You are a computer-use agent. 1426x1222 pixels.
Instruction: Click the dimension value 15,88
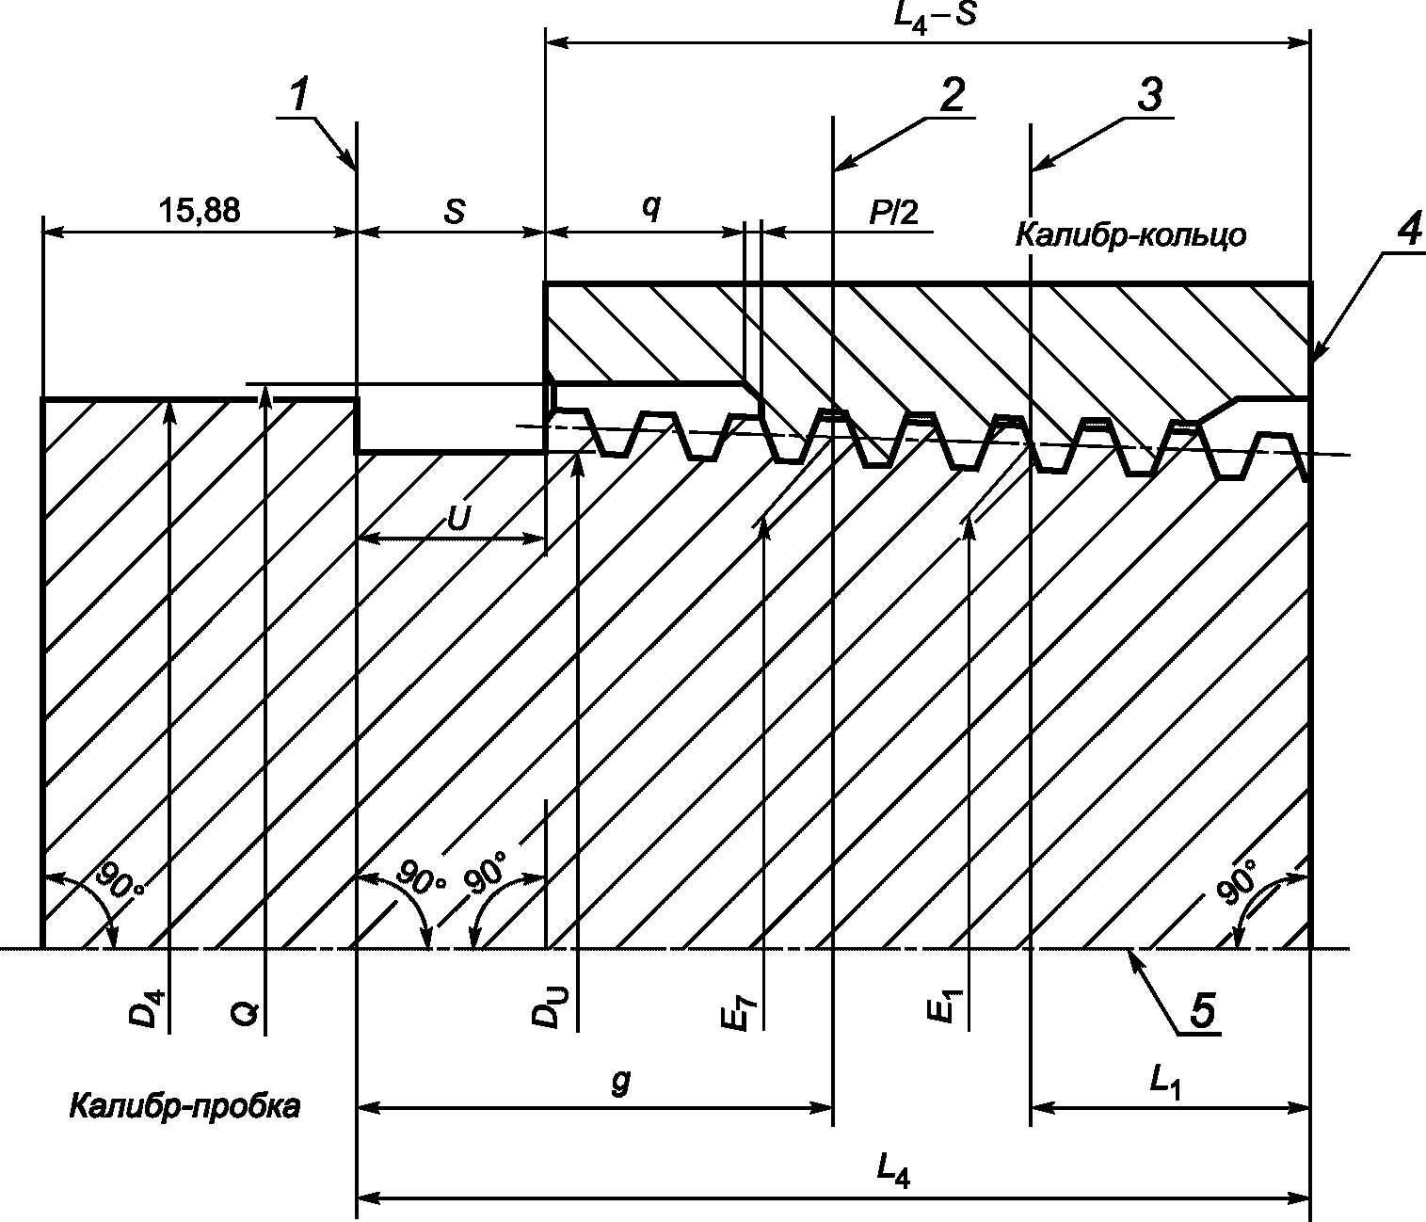(x=199, y=210)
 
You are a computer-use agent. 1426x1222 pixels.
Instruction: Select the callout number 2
(x=953, y=95)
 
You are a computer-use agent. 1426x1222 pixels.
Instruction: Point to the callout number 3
(x=1149, y=95)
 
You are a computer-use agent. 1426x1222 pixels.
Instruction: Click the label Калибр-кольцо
(x=1130, y=234)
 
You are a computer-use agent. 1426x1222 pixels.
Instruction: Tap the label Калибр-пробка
(x=184, y=1105)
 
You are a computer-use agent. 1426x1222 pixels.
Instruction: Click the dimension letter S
(x=454, y=211)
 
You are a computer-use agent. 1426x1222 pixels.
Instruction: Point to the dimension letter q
(x=650, y=209)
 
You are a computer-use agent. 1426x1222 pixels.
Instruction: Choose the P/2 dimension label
(x=892, y=212)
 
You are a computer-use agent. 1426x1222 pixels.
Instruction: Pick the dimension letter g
(x=618, y=1082)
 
